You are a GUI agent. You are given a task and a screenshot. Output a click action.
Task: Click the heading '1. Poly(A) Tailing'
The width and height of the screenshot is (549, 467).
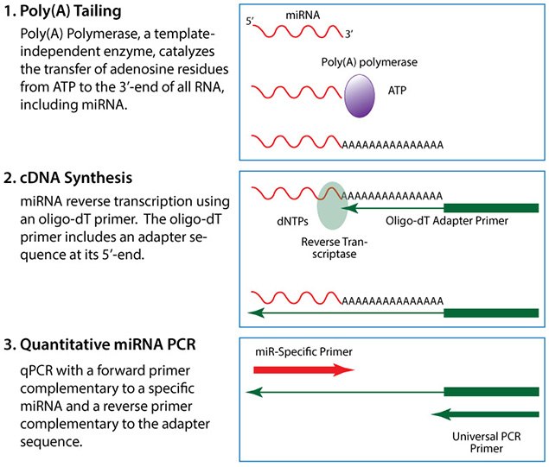(x=70, y=15)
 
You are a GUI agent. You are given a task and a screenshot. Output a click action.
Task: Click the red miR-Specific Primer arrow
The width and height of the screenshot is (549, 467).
(x=303, y=369)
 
